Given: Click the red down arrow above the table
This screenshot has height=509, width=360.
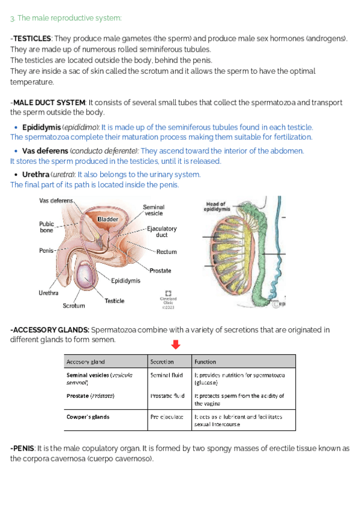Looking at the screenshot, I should coord(176,345).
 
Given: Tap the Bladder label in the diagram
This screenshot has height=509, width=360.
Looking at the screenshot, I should coord(108,220).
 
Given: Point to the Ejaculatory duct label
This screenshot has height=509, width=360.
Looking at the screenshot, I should coord(161,232).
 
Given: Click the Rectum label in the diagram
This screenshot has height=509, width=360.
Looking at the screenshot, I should coord(166,252).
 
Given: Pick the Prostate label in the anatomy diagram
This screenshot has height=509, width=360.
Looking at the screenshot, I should coord(160,271).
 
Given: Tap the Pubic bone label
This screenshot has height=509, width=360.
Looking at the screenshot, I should coord(46,226).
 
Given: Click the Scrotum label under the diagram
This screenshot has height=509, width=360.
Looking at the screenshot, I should coord(74,306).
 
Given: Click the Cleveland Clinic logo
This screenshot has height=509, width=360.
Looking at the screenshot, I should coord(169,294).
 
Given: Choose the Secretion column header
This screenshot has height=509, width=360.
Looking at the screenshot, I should coord(162,362).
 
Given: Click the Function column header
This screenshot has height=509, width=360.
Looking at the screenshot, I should coord(205,362).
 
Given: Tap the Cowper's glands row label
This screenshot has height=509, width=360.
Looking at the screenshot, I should coord(88,417).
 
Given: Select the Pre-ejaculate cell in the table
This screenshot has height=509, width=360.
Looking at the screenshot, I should coord(167,417).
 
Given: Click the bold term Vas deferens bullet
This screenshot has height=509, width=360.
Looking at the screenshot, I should coord(44,151).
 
